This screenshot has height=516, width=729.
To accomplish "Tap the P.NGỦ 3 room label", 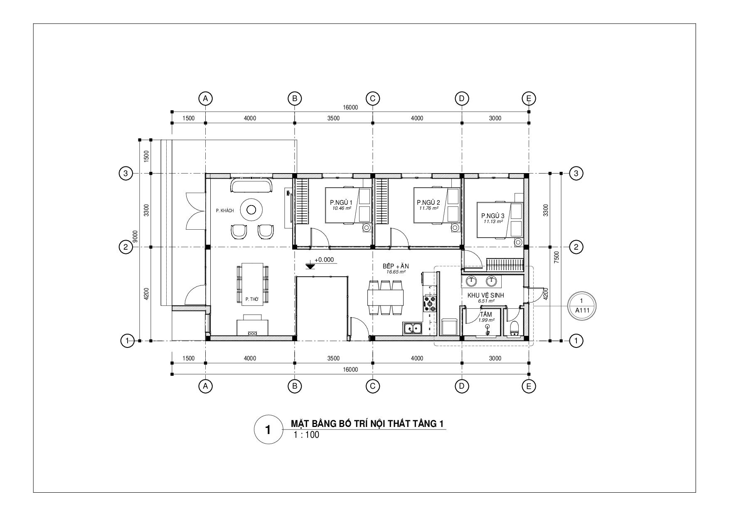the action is pyautogui.click(x=493, y=216).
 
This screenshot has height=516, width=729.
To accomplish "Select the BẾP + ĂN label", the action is pyautogui.click(x=396, y=266).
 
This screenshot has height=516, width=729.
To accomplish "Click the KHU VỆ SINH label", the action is pyautogui.click(x=485, y=295).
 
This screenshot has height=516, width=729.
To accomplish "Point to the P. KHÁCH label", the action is pyautogui.click(x=225, y=211).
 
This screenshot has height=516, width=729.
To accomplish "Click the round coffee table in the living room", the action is pyautogui.click(x=251, y=210).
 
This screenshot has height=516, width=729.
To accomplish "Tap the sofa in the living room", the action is pyautogui.click(x=251, y=186).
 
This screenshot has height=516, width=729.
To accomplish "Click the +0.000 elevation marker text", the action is pyautogui.click(x=324, y=260).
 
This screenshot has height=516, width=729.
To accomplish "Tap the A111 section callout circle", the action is pyautogui.click(x=581, y=306).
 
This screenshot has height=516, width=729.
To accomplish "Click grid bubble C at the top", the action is pyautogui.click(x=372, y=99).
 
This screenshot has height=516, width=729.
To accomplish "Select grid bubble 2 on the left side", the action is pyautogui.click(x=126, y=247).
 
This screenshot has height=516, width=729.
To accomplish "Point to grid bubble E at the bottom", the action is pyautogui.click(x=529, y=386).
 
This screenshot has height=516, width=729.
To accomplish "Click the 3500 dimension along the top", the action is pyautogui.click(x=333, y=118).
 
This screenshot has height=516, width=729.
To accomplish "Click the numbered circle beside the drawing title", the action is pyautogui.click(x=268, y=429).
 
